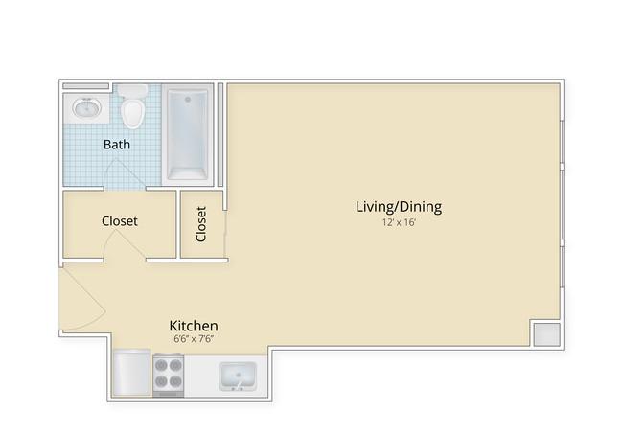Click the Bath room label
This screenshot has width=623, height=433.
(116, 145)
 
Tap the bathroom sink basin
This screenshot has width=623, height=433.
(86, 108)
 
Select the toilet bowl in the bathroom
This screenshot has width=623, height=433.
(132, 113)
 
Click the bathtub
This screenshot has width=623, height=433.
(188, 134)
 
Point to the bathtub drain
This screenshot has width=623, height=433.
(188, 100)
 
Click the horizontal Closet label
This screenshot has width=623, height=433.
(120, 221)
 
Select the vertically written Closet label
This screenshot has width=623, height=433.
(201, 224)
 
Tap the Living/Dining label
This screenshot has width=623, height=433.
(399, 207)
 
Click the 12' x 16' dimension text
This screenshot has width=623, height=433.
(399, 222)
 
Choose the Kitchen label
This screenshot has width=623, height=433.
(194, 326)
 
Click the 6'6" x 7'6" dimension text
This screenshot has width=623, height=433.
(194, 339)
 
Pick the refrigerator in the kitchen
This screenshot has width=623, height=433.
(131, 373)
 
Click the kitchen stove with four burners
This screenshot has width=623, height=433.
(169, 376)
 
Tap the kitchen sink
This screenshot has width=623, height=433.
(238, 376)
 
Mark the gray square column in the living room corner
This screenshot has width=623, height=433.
(546, 334)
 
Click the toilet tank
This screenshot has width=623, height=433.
(132, 91)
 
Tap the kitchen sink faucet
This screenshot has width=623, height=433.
(239, 384)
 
